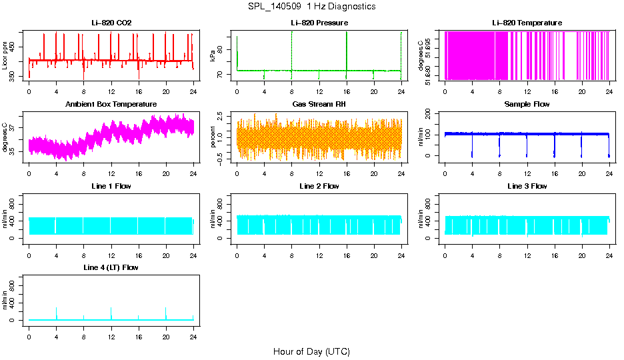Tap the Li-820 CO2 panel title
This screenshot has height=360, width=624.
tap(111, 23)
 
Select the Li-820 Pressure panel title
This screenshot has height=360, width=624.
tap(319, 23)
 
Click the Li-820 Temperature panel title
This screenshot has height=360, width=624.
tap(527, 23)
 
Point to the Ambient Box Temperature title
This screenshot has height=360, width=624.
tap(111, 105)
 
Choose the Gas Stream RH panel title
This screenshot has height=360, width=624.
tap(319, 105)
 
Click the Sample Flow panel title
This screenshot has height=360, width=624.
tap(527, 105)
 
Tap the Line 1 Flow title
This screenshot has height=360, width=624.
tap(111, 186)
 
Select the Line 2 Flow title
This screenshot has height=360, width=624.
tap(319, 186)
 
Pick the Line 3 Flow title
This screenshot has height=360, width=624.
tap(527, 186)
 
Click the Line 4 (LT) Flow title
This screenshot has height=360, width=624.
tap(111, 267)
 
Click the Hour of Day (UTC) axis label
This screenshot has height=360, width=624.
tap(311, 351)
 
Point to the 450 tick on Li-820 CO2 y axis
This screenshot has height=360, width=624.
tap(15, 46)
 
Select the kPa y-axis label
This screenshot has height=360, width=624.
tap(213, 56)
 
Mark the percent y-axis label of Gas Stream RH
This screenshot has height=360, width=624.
tap(213, 137)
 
